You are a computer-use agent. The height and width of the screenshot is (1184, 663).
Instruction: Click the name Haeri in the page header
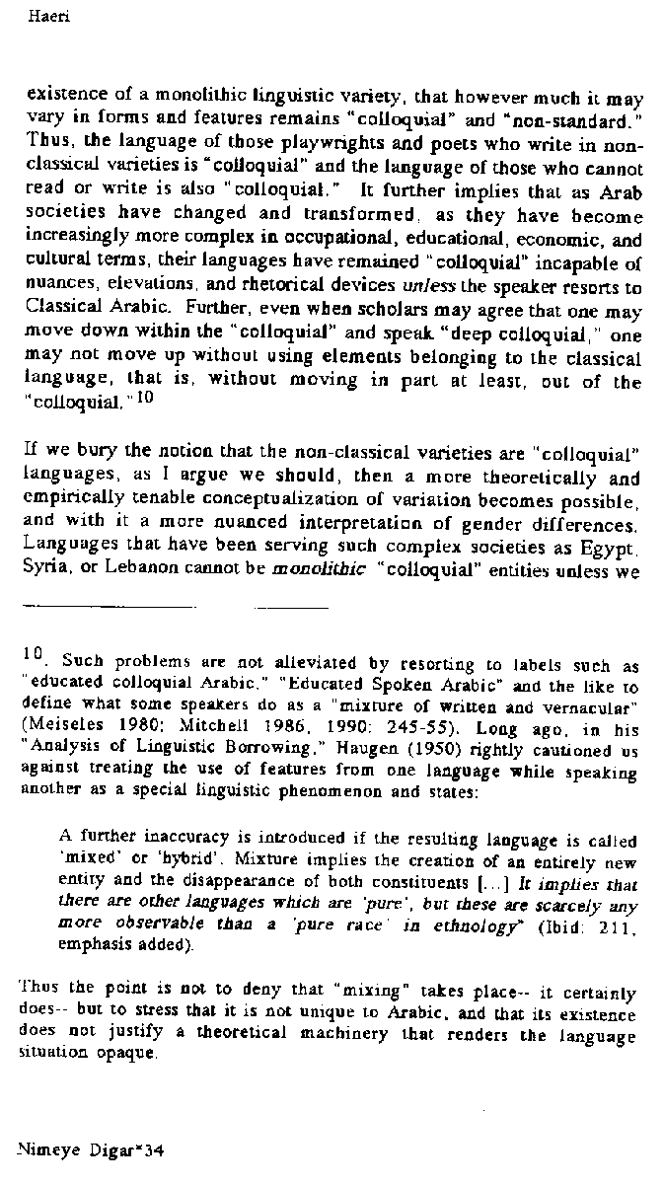pos(37,16)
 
